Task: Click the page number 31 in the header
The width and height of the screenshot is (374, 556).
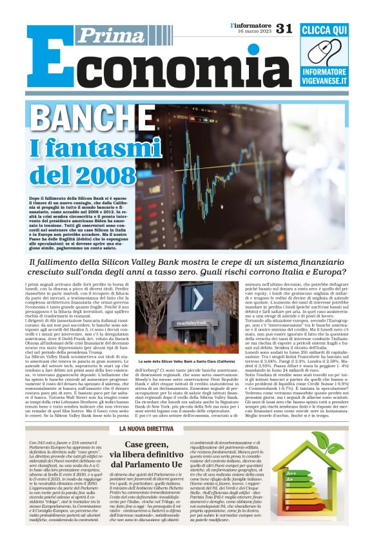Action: pos(284,28)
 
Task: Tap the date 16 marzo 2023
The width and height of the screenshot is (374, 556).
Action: pos(252,32)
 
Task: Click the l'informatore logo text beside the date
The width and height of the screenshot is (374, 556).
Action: pos(251,25)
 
